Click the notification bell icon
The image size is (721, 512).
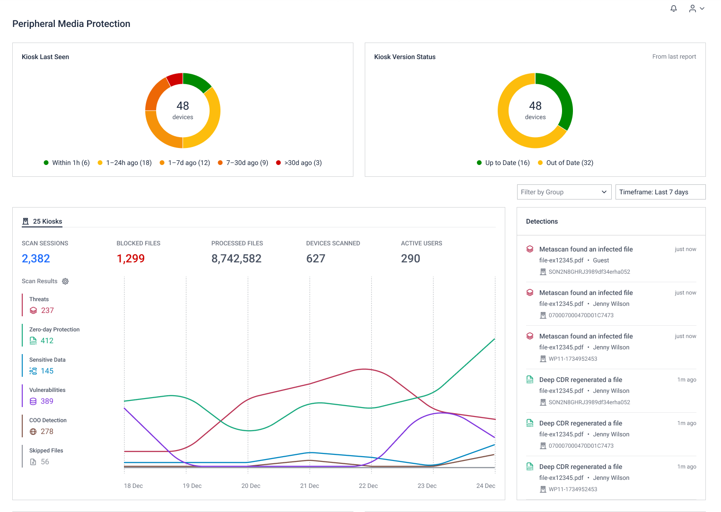click(674, 9)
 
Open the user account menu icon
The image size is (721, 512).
click(696, 9)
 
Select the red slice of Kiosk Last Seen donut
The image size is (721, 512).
click(175, 79)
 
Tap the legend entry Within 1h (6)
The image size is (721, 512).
click(67, 163)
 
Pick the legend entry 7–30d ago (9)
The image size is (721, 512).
click(243, 163)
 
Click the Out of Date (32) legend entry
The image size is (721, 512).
click(566, 163)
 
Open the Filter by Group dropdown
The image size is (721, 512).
click(564, 192)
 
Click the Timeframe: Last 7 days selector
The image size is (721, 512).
click(660, 192)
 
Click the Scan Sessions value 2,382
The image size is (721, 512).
click(36, 259)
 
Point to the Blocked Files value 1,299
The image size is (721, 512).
click(131, 259)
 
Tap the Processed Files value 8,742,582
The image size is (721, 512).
click(236, 259)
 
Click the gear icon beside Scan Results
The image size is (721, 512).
click(65, 281)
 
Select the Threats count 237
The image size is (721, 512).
click(47, 311)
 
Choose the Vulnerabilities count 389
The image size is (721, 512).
click(47, 401)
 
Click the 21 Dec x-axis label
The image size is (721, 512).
click(309, 486)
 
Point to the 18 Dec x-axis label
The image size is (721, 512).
click(133, 486)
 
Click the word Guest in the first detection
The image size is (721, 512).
click(601, 260)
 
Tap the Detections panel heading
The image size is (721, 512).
click(542, 221)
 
